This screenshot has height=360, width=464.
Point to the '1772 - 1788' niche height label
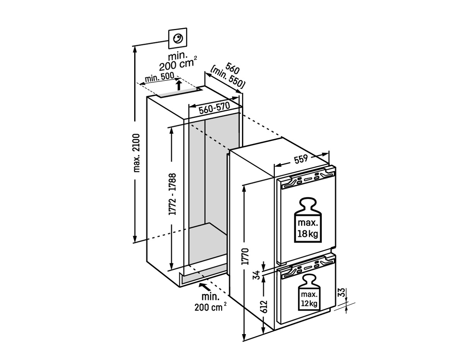point(172,199)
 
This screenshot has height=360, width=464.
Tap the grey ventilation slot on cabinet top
point(178,93)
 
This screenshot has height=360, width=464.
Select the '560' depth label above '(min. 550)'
point(232,69)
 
